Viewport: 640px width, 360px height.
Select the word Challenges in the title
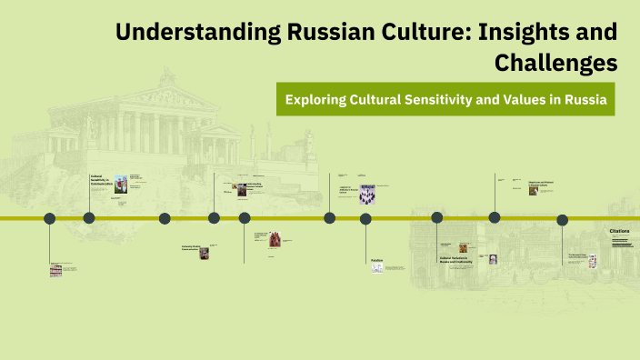pos(555,63)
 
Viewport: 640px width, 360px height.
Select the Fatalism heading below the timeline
pos(376,261)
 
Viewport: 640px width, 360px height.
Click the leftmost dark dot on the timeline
pos(50,218)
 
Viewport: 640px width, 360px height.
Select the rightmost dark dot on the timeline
pos(562,220)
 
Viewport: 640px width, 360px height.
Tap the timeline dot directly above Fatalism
pos(365,218)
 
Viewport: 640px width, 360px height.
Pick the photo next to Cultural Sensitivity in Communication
pos(120,183)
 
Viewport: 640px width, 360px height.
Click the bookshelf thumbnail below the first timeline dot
pos(55,270)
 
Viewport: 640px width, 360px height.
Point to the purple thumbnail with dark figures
pos(367,195)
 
